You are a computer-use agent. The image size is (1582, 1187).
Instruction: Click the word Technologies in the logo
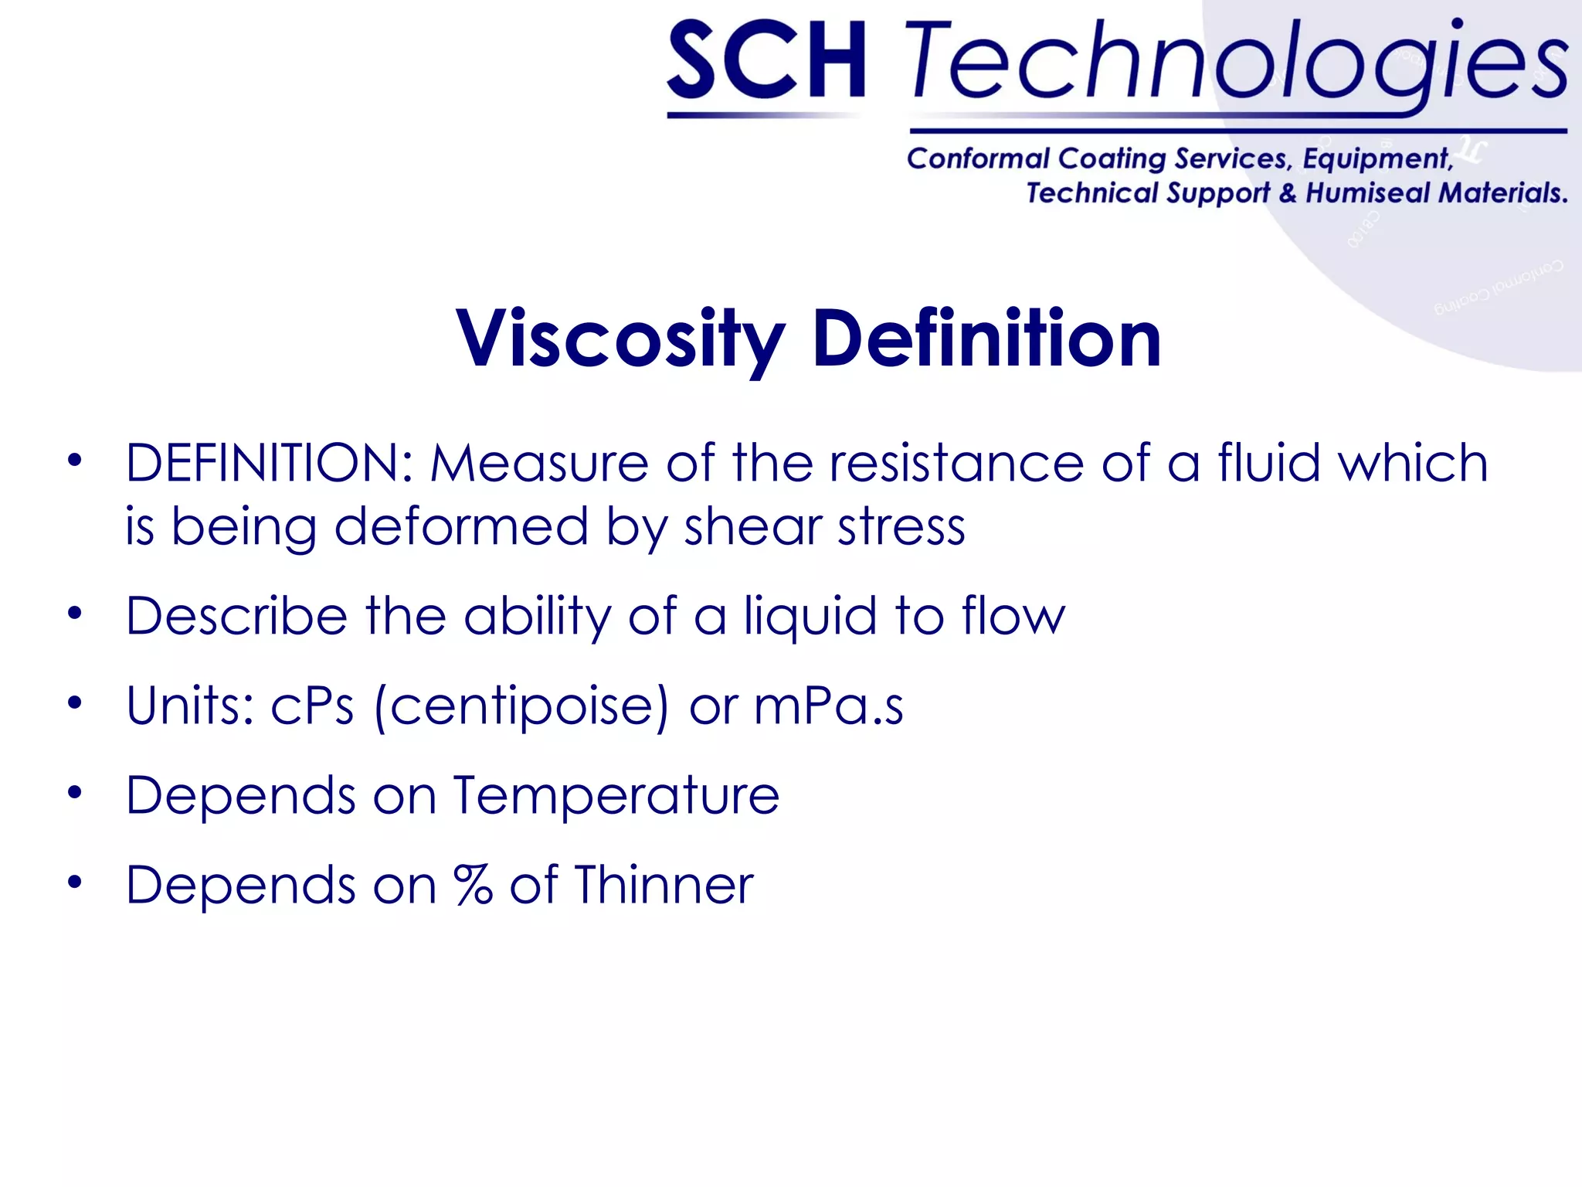(x=1236, y=62)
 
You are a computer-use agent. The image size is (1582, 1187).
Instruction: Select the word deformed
(x=461, y=527)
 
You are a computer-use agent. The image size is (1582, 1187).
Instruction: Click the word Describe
(x=236, y=616)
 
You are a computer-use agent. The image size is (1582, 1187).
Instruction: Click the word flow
(x=1013, y=616)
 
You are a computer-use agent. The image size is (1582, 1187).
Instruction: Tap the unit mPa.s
(x=828, y=706)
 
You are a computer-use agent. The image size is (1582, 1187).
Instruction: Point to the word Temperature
(x=616, y=795)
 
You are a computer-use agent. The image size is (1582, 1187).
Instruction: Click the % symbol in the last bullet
(x=473, y=885)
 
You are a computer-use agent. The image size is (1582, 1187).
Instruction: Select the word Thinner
(x=664, y=885)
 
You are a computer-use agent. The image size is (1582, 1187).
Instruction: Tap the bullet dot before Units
(x=74, y=704)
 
